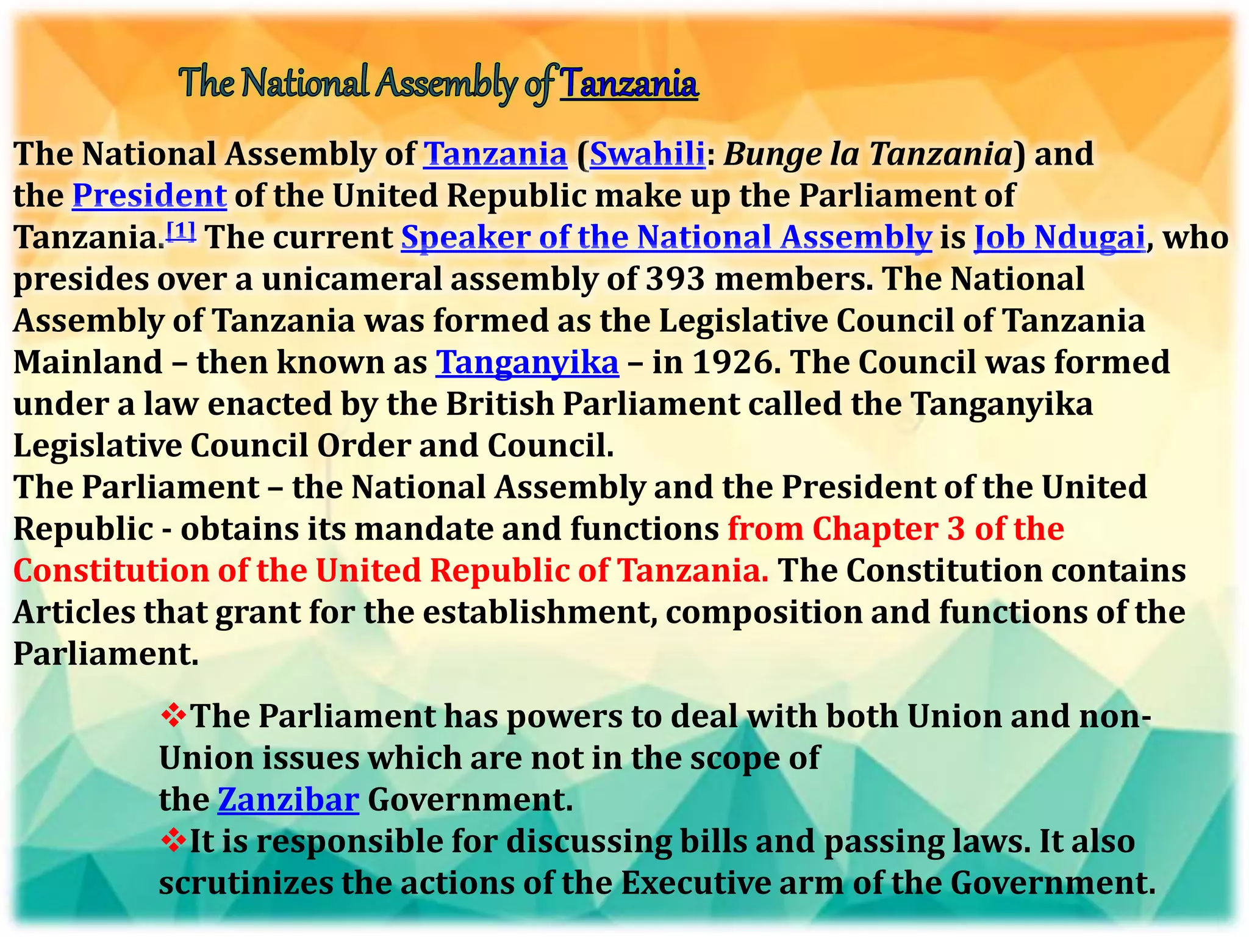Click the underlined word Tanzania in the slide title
[629, 84]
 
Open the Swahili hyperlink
[648, 153]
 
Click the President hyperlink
[149, 196]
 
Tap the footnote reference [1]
[182, 231]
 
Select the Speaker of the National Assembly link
[667, 237]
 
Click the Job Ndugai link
[1060, 237]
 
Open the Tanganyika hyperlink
[527, 362]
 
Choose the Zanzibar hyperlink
[288, 800]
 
